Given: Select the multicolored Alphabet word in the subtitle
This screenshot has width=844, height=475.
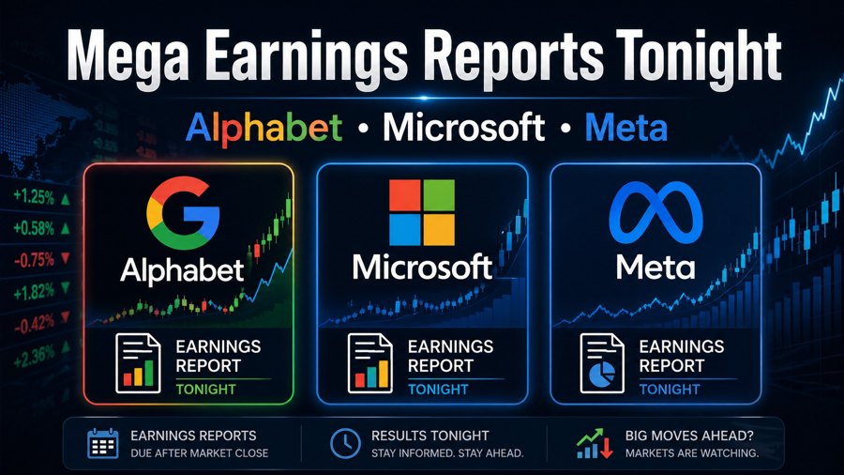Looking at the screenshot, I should point(268,128).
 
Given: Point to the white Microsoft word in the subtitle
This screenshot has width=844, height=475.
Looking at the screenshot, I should point(462,128).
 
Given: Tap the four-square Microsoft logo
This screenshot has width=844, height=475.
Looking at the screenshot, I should point(421,212).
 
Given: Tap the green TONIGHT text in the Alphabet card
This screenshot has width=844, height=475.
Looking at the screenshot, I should point(205,389).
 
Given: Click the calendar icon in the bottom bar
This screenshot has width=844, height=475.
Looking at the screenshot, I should point(102,443).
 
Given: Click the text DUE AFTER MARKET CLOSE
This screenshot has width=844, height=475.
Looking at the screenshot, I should point(199,453).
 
